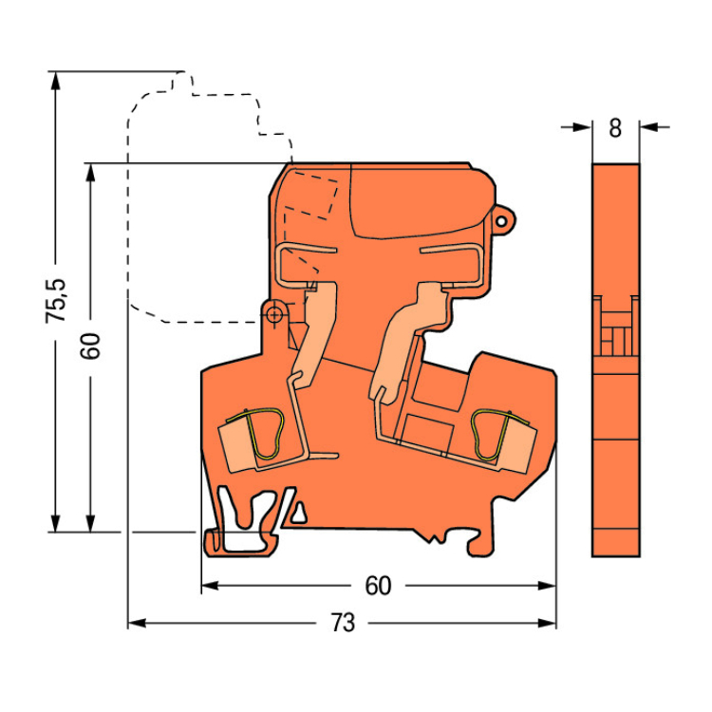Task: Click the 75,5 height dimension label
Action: (x=56, y=301)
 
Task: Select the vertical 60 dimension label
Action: (x=90, y=346)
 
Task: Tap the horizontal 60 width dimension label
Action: (x=378, y=586)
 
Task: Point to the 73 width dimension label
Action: (x=343, y=623)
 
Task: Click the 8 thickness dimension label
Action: (x=615, y=128)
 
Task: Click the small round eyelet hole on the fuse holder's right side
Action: (x=501, y=221)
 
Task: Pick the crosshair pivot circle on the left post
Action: (x=273, y=314)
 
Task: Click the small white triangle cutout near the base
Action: (x=298, y=514)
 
